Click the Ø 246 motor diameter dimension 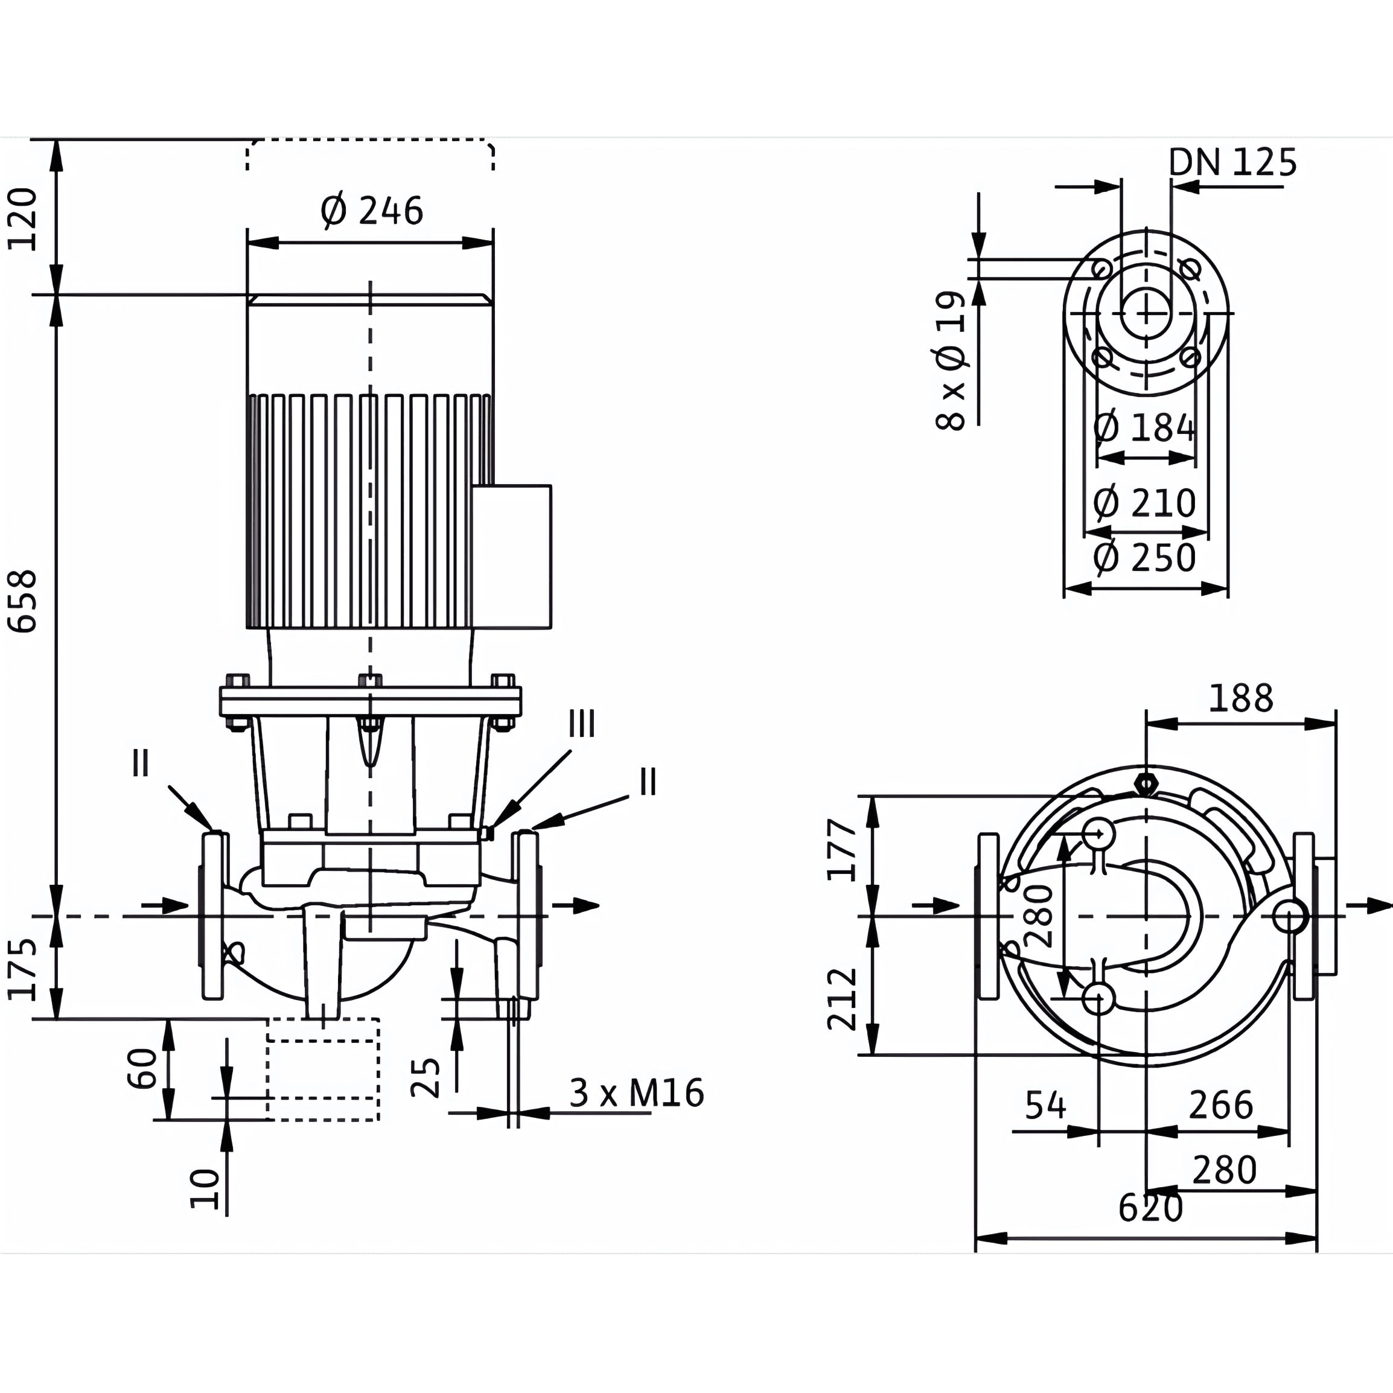371,211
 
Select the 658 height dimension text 22,601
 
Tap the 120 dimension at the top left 22,218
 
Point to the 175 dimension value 22,970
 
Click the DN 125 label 1232,162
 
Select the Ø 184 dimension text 1144,429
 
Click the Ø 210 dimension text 1144,503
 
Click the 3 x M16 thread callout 637,1093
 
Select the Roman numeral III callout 582,723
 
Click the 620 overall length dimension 1151,1208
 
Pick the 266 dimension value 1222,1105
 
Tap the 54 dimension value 1045,1105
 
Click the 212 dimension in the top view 842,999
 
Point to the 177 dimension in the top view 842,849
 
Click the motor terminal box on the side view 512,556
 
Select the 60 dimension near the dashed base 142,1068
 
